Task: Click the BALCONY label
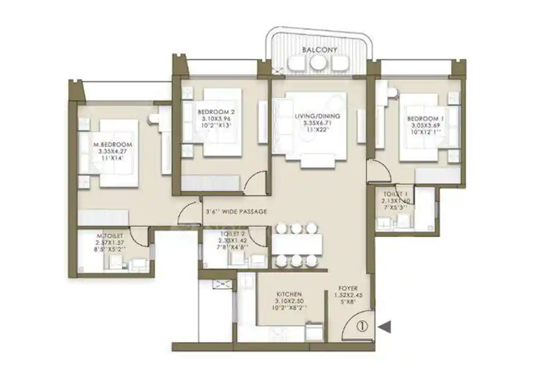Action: pyautogui.click(x=319, y=49)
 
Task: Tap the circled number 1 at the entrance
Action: pyautogui.click(x=362, y=324)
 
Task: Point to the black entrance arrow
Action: pyautogui.click(x=385, y=325)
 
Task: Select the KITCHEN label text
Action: pyautogui.click(x=290, y=295)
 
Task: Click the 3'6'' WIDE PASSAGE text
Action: pyautogui.click(x=236, y=212)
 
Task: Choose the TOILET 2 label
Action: pyautogui.click(x=232, y=235)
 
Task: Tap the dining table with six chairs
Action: pyautogui.click(x=297, y=245)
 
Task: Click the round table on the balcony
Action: pyautogui.click(x=318, y=63)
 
